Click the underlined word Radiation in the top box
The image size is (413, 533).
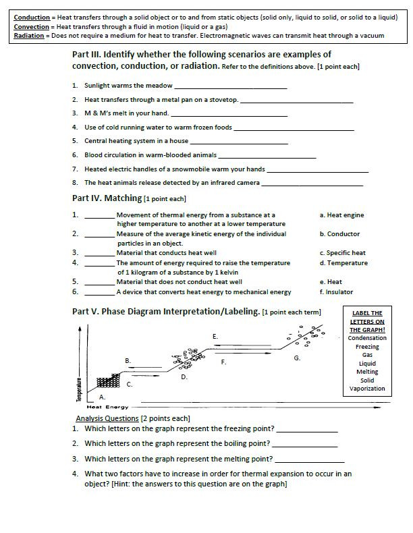[30, 35]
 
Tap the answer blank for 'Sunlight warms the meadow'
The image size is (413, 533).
[230, 86]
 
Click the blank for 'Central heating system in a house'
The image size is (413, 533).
[239, 142]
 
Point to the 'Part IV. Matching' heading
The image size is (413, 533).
[107, 198]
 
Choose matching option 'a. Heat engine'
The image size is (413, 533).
[341, 215]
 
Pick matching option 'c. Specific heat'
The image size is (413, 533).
[342, 253]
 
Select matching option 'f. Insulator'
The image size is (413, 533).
[336, 292]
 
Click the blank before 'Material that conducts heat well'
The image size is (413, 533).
[100, 253]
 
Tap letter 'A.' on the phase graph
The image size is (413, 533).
[102, 397]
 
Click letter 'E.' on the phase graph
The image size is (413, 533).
[215, 336]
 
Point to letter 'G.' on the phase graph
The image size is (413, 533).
[297, 358]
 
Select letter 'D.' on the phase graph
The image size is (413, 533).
[184, 377]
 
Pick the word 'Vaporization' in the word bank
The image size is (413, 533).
[367, 389]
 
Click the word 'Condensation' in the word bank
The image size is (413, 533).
[367, 338]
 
